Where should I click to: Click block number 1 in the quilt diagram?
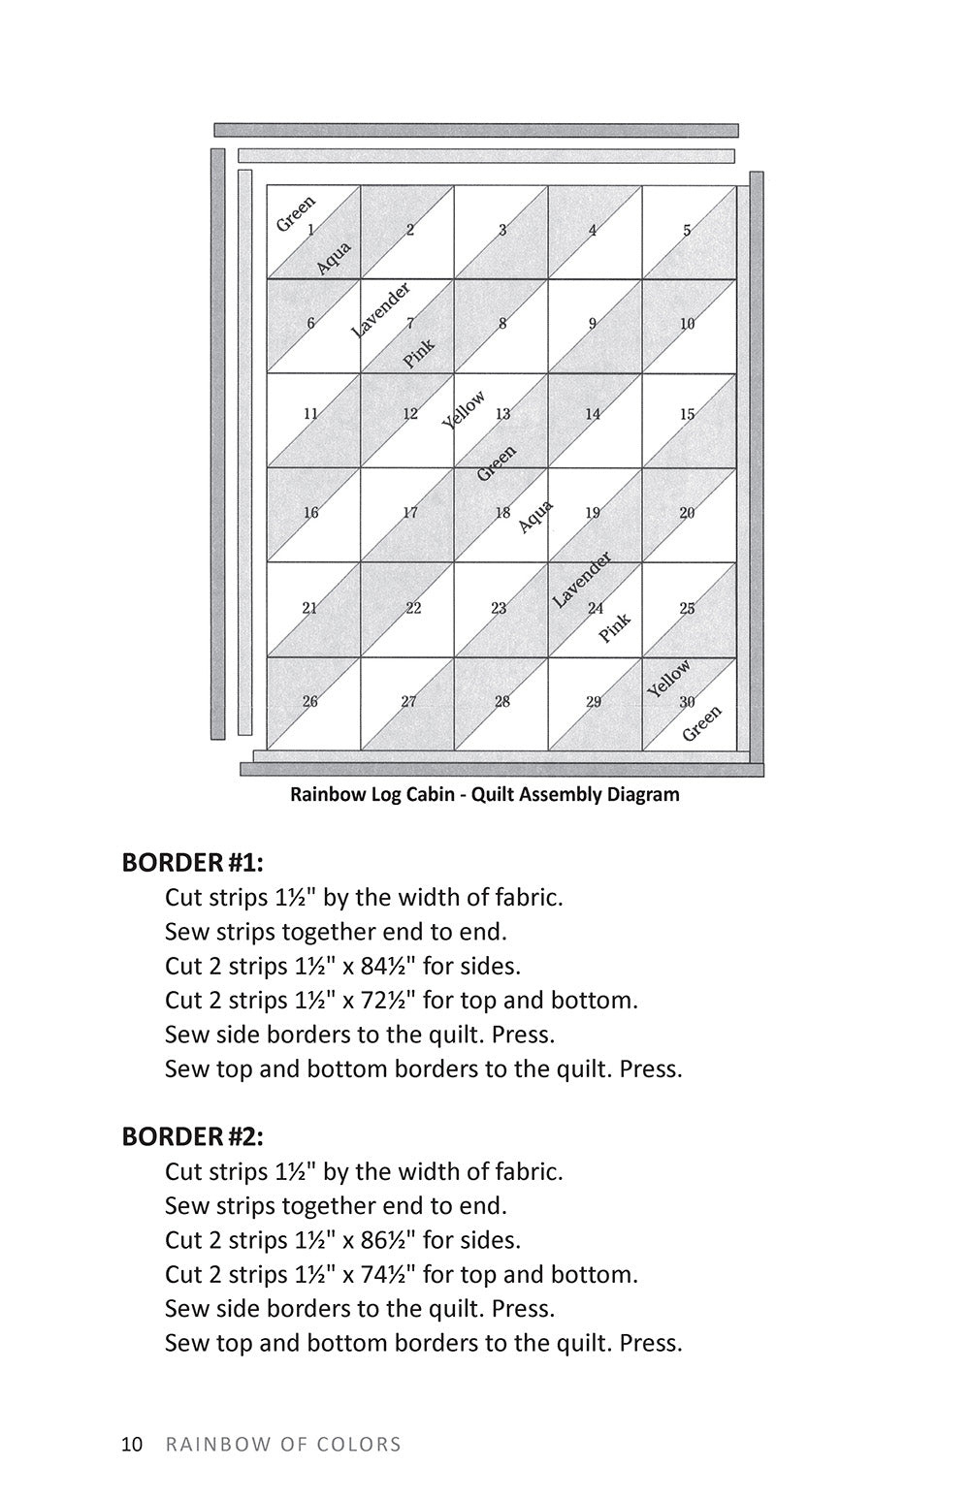[310, 231]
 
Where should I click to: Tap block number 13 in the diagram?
[502, 414]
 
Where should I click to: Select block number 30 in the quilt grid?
[687, 702]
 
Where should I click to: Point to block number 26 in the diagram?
[310, 702]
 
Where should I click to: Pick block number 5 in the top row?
[687, 231]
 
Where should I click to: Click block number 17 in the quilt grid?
[410, 513]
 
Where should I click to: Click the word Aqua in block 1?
[334, 258]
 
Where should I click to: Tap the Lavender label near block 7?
[380, 309]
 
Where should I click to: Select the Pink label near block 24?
[614, 627]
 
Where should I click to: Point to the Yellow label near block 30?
[669, 678]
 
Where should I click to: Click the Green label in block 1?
[296, 213]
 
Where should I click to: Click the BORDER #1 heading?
[192, 862]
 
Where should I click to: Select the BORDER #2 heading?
[192, 1135]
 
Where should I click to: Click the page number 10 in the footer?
[132, 1445]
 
